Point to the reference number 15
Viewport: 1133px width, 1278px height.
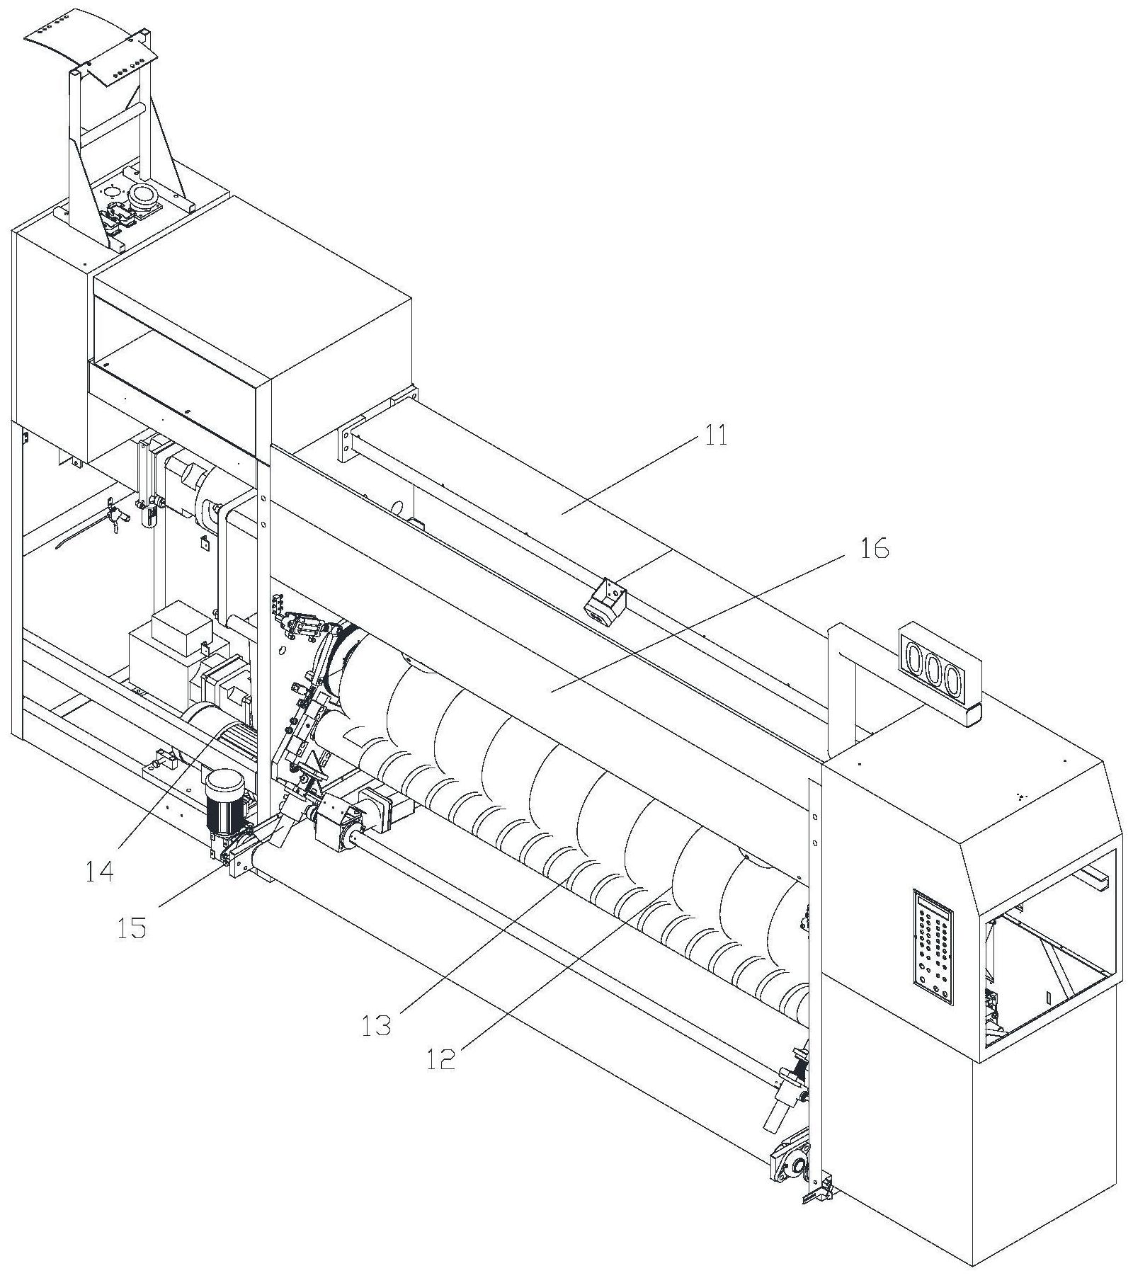click(x=132, y=927)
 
